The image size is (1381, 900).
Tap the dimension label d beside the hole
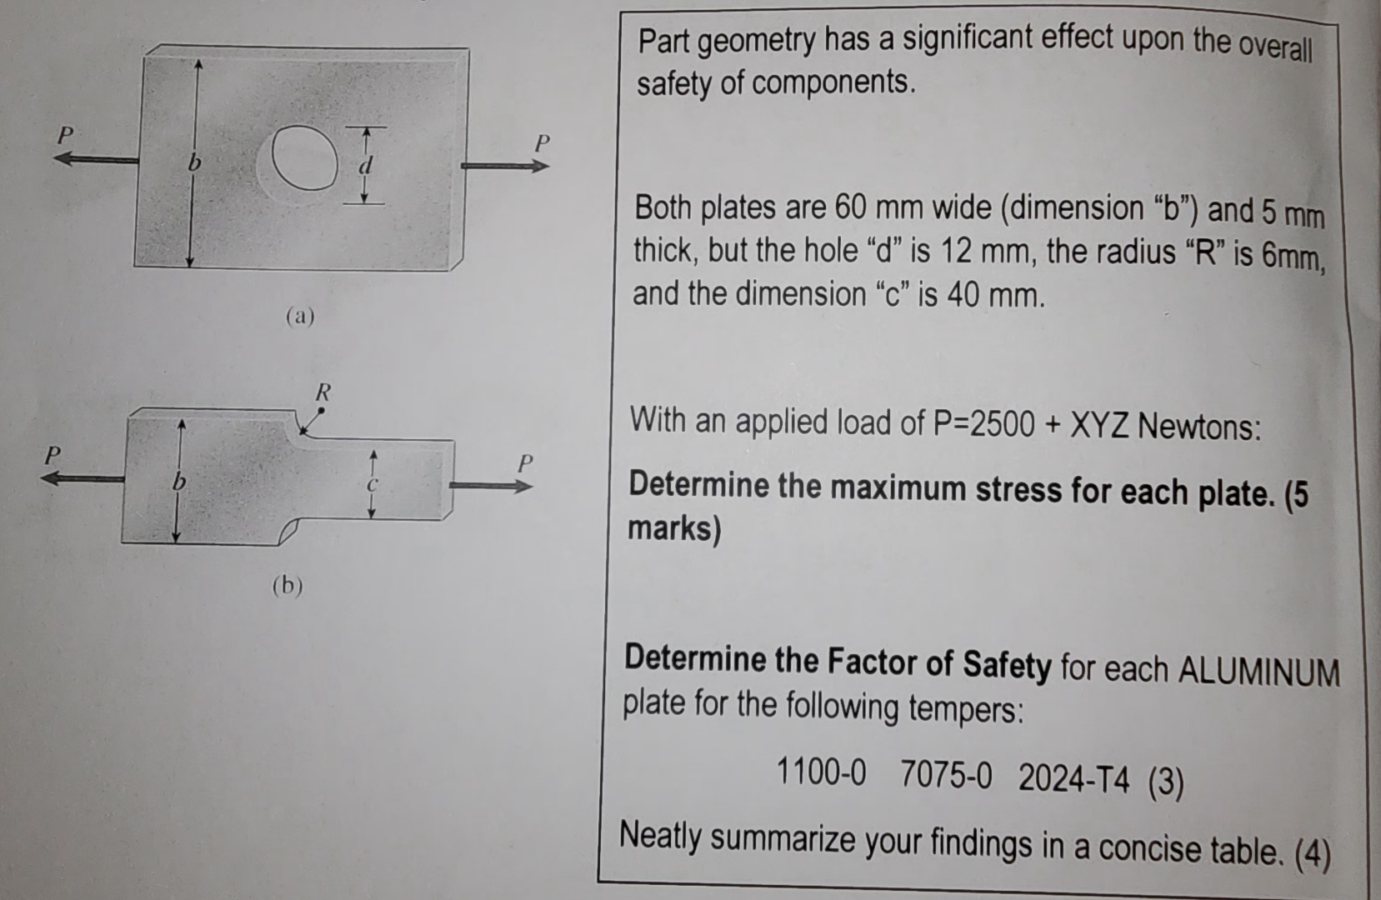(x=363, y=165)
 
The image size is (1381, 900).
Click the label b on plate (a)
(x=193, y=162)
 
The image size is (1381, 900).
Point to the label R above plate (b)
(x=323, y=392)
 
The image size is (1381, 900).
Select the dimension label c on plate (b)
(x=373, y=483)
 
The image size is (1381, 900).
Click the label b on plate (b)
(x=178, y=482)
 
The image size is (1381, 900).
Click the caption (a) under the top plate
(x=300, y=316)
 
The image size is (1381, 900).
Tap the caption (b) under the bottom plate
(x=288, y=586)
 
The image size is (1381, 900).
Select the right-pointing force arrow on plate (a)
(x=505, y=166)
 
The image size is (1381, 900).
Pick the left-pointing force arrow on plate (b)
(x=83, y=477)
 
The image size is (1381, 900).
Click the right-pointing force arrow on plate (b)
(x=490, y=485)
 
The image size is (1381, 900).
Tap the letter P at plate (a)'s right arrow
(x=543, y=142)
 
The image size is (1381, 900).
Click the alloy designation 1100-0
(x=821, y=772)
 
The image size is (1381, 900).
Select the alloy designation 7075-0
(x=946, y=776)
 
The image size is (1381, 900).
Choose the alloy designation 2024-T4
(x=1073, y=779)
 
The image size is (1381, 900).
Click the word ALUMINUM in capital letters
(x=1258, y=671)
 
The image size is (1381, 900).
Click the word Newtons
(x=1199, y=427)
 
